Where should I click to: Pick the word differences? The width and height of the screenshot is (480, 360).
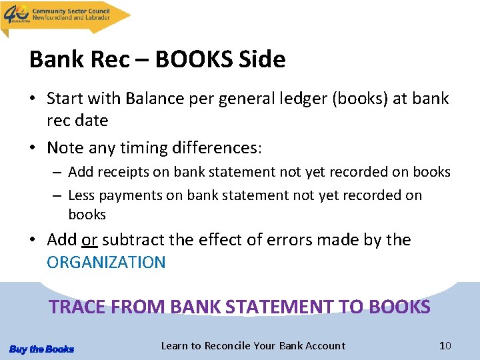[x=215, y=147]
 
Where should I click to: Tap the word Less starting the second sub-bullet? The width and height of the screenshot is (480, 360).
[x=81, y=195]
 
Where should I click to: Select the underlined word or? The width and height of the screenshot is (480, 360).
[x=90, y=240]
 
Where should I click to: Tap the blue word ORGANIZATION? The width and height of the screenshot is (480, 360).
[x=106, y=262]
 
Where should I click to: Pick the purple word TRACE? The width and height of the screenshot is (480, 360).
[x=77, y=307]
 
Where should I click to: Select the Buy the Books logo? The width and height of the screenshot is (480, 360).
[x=41, y=349]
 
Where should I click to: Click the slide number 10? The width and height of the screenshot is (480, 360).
[x=445, y=345]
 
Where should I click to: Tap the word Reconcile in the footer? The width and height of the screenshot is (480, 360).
[x=227, y=345]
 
